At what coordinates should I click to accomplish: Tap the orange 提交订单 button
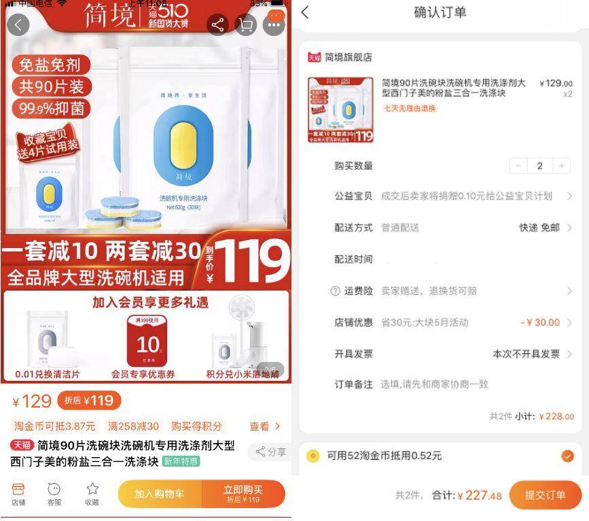[545, 495]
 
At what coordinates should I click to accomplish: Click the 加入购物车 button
[159, 494]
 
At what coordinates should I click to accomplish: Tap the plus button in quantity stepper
[562, 166]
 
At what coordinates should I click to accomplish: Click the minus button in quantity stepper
[518, 166]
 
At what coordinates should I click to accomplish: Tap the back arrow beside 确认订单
[305, 12]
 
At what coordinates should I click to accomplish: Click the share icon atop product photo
[217, 25]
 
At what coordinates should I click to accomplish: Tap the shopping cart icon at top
[245, 25]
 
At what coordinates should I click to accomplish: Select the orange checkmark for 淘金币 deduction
[567, 456]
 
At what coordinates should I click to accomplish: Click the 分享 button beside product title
[270, 452]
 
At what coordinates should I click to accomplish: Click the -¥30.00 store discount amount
[540, 323]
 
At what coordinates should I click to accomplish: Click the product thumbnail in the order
[340, 109]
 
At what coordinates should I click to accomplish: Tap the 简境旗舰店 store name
[348, 57]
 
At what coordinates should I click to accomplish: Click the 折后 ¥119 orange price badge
[89, 401]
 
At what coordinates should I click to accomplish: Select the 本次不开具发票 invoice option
[526, 354]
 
